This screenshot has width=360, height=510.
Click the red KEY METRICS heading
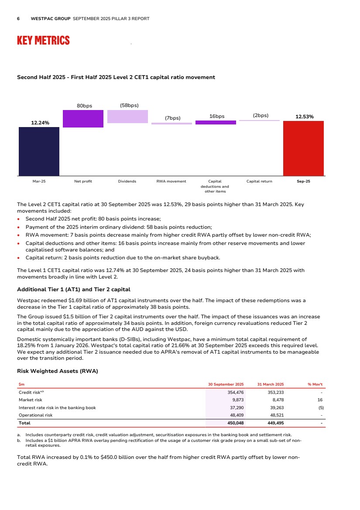coord(43,41)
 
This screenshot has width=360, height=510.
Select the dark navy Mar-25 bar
coord(39,151)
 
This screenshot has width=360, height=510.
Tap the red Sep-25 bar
coord(303,148)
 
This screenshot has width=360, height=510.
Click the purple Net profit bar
coord(83,119)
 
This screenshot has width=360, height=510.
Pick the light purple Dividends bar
coord(127,117)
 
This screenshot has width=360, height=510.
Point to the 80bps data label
coord(84,106)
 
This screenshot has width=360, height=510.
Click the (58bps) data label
coord(129,106)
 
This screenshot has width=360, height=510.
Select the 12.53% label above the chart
coord(304,117)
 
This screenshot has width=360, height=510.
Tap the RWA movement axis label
coord(171,181)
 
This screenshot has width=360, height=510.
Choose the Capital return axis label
coord(259,181)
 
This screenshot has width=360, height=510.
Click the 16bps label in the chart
coord(217,116)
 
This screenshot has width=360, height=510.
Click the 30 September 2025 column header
coord(226,384)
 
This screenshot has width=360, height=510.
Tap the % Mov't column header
coord(315,384)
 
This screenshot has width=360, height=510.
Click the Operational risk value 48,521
coord(275,415)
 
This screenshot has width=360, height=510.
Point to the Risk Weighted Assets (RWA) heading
coord(57,372)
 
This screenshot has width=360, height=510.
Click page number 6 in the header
coord(18,19)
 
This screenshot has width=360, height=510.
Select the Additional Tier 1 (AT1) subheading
coord(73,289)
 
